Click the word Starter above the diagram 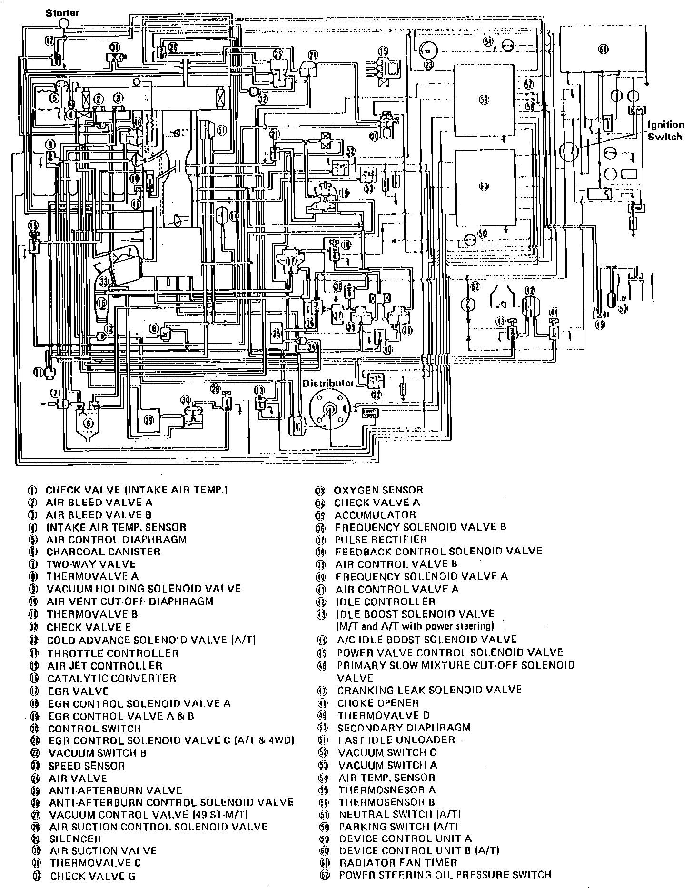pyautogui.click(x=62, y=13)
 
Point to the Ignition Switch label pyautogui.click(x=666, y=130)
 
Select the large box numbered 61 pyautogui.click(x=603, y=49)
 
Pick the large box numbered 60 pyautogui.click(x=485, y=187)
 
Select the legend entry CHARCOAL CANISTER pyautogui.click(x=103, y=552)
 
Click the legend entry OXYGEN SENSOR pyautogui.click(x=378, y=490)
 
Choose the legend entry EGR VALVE pyautogui.click(x=78, y=691)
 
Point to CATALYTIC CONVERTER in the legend pyautogui.click(x=111, y=678)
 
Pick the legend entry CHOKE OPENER pyautogui.click(x=378, y=703)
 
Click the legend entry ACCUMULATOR pyautogui.click(x=375, y=515)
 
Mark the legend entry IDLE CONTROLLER pyautogui.click(x=386, y=602)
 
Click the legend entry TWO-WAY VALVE pyautogui.click(x=91, y=564)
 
